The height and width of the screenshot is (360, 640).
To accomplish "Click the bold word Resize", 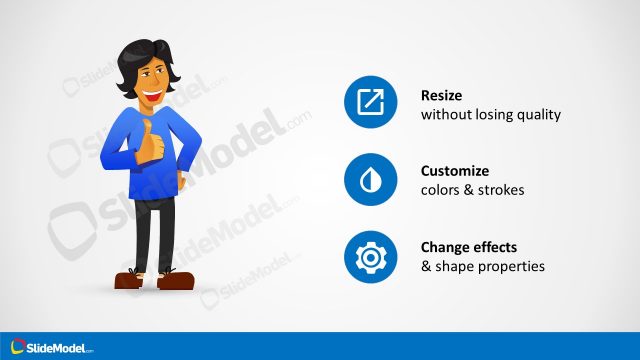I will (x=442, y=95).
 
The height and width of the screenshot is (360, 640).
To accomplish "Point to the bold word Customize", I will (x=455, y=170).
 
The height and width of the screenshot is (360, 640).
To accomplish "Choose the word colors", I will (x=441, y=189).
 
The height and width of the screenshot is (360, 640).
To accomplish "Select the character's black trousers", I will (x=155, y=230).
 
